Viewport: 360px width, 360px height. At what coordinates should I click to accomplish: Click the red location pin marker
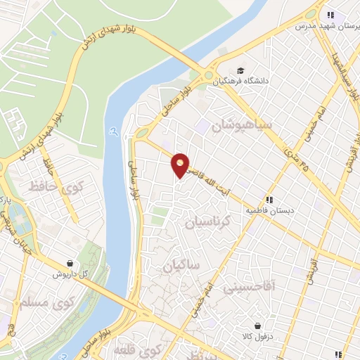(x=181, y=165)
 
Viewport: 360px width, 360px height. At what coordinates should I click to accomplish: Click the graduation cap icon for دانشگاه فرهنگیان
(x=241, y=71)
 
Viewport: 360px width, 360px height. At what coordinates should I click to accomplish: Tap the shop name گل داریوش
(x=70, y=274)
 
